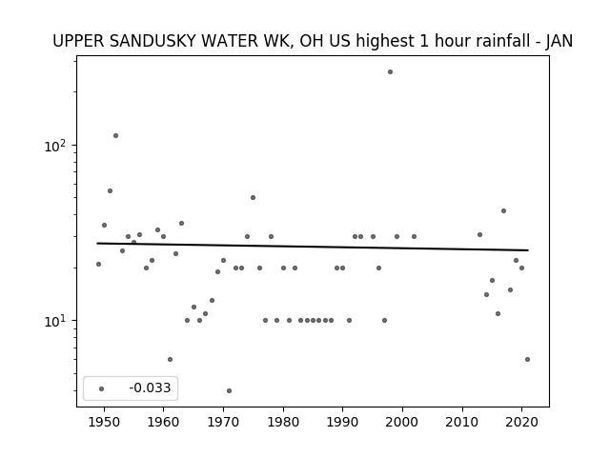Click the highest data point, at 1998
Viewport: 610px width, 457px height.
pyautogui.click(x=390, y=72)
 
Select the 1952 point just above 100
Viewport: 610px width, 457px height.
pyautogui.click(x=115, y=135)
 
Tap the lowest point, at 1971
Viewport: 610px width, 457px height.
pyautogui.click(x=229, y=390)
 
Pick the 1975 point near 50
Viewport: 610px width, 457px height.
pyautogui.click(x=253, y=197)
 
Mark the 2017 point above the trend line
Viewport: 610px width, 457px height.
pyautogui.click(x=503, y=210)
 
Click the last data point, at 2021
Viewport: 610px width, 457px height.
pyautogui.click(x=527, y=360)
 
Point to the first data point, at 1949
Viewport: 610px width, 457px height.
pyautogui.click(x=98, y=265)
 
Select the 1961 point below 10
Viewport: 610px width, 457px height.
pyautogui.click(x=170, y=360)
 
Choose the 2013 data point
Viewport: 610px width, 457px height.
pyautogui.click(x=479, y=235)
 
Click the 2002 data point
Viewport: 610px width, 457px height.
pyautogui.click(x=414, y=236)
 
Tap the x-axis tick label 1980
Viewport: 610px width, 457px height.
pyautogui.click(x=283, y=422)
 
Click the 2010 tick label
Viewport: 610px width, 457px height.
pyautogui.click(x=462, y=422)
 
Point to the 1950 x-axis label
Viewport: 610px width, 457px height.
pyautogui.click(x=104, y=422)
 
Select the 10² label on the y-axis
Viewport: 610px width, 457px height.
pyautogui.click(x=55, y=146)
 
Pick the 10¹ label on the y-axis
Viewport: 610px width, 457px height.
pyautogui.click(x=55, y=322)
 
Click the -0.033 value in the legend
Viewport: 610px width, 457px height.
pyautogui.click(x=150, y=387)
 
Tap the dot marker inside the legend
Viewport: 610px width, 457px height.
pyautogui.click(x=101, y=388)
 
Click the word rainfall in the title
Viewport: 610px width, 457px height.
pyautogui.click(x=500, y=41)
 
